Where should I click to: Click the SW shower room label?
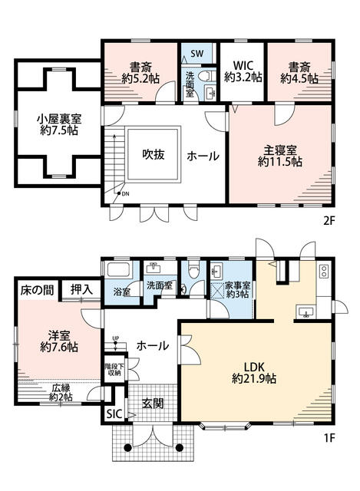(x=197, y=53)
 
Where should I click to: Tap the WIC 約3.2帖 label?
(x=243, y=71)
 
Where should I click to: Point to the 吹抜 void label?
(x=154, y=154)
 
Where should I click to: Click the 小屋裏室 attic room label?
(x=59, y=124)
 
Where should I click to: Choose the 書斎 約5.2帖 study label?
(x=140, y=73)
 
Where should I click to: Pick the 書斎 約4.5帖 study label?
(x=299, y=73)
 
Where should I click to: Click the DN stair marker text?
(x=125, y=194)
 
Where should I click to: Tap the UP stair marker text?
(x=116, y=338)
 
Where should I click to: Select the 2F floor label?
(x=329, y=221)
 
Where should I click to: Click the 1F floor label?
(x=329, y=437)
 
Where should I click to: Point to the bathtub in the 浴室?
(x=118, y=269)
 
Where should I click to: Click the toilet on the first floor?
(x=193, y=269)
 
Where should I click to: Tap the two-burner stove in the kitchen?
(x=323, y=271)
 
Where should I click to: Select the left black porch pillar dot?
(x=127, y=448)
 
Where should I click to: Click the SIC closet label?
(x=114, y=414)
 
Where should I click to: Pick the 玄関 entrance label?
(x=153, y=404)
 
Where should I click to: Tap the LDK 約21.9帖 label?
(x=254, y=373)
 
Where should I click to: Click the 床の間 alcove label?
(x=38, y=290)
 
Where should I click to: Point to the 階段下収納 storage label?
(x=111, y=370)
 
